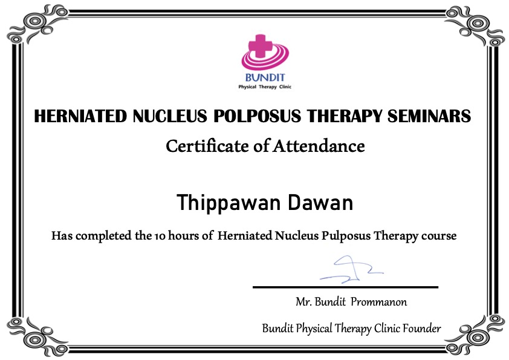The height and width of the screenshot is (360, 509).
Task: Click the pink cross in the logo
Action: (260, 46)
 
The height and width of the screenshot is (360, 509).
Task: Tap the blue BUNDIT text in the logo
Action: (265, 77)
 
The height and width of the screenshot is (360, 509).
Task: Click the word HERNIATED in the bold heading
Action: (80, 116)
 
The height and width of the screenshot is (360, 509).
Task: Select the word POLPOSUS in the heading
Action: (258, 116)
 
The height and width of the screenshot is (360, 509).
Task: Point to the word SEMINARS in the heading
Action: (429, 116)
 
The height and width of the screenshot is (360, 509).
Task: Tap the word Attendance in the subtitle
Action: (319, 146)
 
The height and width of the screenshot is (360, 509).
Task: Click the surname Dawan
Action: (320, 203)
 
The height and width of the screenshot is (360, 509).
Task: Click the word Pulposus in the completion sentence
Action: (346, 235)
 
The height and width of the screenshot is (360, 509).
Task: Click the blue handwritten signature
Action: (351, 269)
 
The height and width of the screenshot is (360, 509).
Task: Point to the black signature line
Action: (345, 287)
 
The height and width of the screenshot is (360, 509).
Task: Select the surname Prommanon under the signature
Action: (379, 302)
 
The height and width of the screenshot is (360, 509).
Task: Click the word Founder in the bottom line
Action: (422, 328)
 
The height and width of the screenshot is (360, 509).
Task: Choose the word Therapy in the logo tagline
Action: (267, 87)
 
